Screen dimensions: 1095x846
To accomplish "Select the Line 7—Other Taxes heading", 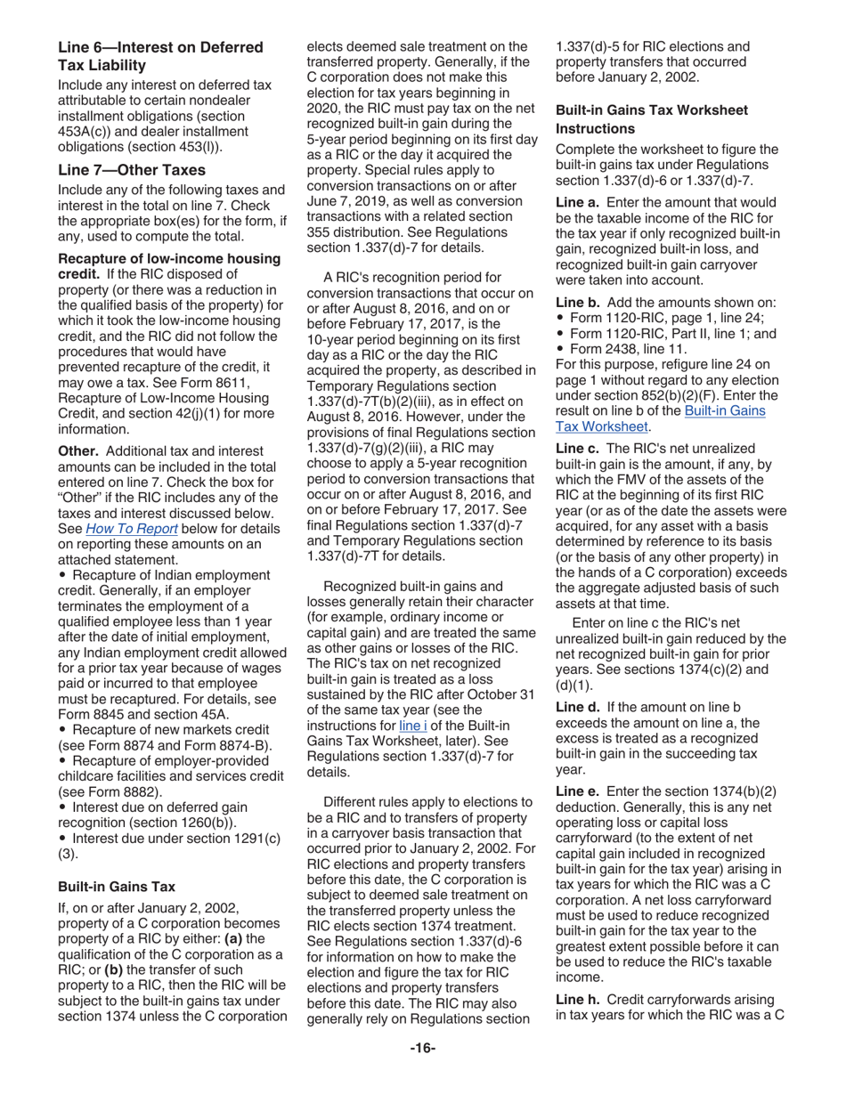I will [132, 169].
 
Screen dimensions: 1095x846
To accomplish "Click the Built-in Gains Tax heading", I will [116, 887].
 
